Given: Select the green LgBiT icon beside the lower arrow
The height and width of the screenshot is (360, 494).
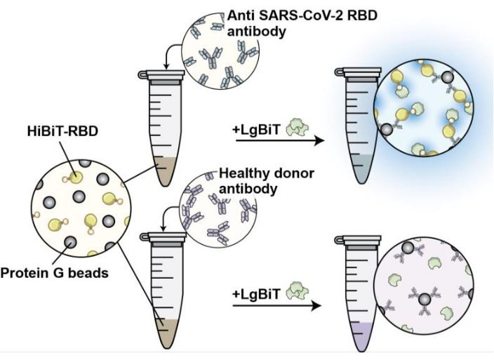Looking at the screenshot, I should pos(294,292).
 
